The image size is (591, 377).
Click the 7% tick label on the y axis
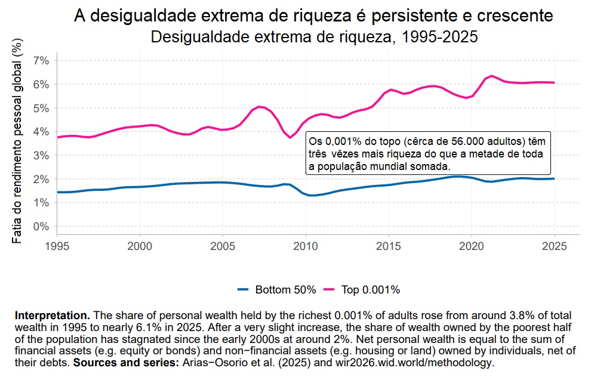pos(41,60)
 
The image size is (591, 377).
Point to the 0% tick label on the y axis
pos(41,227)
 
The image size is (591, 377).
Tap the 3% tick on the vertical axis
pos(41,155)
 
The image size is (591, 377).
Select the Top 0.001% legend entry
pos(370,290)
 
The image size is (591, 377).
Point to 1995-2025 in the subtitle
pos(440,37)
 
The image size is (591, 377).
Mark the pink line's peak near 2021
pos(491,76)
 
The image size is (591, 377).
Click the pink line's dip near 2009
pos(290,137)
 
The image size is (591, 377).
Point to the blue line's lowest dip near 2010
pos(312,195)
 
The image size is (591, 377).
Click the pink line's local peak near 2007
pos(259,107)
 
